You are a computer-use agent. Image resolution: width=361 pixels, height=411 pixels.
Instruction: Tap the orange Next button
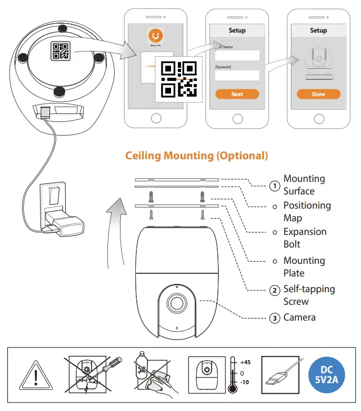click(237, 94)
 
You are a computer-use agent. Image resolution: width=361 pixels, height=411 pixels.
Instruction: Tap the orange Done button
click(318, 94)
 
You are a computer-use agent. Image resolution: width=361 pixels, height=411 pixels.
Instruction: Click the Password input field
click(237, 75)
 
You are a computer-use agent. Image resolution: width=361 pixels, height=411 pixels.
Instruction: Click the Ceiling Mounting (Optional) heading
click(196, 156)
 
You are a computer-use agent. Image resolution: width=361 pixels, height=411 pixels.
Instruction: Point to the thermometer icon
click(232, 374)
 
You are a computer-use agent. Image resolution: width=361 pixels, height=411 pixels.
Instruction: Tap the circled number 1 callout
click(274, 186)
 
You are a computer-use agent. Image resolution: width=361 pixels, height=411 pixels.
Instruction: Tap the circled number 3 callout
click(274, 317)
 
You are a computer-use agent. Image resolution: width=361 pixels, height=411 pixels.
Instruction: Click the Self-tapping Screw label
click(309, 295)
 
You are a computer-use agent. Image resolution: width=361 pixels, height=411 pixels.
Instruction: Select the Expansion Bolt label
click(305, 238)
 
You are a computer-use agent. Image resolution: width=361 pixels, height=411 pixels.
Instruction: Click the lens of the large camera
click(176, 304)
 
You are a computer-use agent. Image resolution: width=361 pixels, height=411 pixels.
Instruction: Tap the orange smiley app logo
click(155, 36)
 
